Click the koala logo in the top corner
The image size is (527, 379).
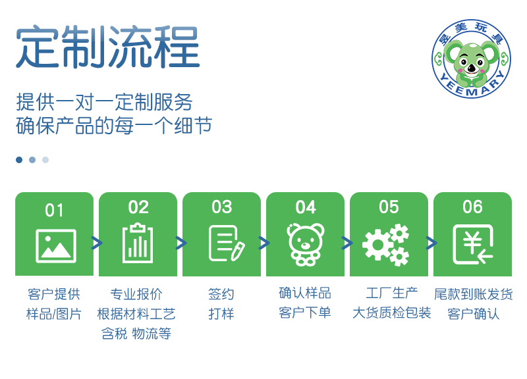pos(471,59)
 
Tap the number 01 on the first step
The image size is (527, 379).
pos(54,211)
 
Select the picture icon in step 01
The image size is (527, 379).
pos(56,246)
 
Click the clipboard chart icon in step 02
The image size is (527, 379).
pos(138,243)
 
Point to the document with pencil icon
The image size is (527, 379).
pos(227,243)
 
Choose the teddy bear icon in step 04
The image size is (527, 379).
pos(305,244)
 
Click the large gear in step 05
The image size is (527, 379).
pos(377,245)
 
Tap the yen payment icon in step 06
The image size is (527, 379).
pos(473,244)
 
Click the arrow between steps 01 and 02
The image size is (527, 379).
pos(96,243)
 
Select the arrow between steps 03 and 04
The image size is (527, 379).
pos(264,243)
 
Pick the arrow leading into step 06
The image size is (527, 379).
pos(431,243)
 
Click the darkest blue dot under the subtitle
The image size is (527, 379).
pos(19,160)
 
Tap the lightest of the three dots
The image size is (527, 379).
pos(45,160)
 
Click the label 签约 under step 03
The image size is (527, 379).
pos(221,294)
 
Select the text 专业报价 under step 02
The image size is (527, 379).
pos(136,294)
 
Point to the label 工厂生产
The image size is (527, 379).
pos(391,293)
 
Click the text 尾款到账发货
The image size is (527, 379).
pos(473,294)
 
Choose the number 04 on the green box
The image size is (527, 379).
pos(306,207)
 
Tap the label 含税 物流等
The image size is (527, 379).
pos(136,334)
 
